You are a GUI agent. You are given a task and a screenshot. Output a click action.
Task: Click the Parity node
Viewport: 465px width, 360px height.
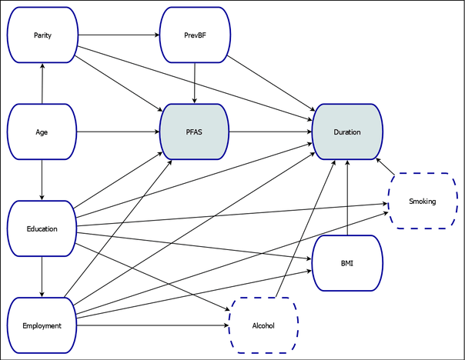(x=42, y=35)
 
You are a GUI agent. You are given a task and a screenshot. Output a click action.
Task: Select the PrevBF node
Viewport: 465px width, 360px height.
(x=194, y=35)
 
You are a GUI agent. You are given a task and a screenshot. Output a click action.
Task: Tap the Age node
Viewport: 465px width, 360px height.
(x=42, y=132)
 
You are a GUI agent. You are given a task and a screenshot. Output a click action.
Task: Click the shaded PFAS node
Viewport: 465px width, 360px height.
(x=194, y=132)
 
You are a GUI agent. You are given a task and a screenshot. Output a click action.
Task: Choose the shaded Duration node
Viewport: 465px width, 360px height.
(x=346, y=132)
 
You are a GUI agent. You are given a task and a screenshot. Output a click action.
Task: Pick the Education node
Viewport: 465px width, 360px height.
(x=42, y=228)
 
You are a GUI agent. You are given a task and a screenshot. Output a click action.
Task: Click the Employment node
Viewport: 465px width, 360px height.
(x=42, y=325)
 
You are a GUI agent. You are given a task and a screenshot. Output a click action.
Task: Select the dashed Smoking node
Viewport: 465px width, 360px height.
(x=423, y=202)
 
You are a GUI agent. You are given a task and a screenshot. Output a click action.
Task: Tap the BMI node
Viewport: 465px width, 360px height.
(x=346, y=263)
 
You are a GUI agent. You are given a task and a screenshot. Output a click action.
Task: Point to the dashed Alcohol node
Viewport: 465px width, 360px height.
(x=263, y=325)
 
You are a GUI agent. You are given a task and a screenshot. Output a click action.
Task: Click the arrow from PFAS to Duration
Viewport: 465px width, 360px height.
(x=270, y=132)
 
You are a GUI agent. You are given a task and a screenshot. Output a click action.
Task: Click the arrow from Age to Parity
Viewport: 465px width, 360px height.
(x=42, y=84)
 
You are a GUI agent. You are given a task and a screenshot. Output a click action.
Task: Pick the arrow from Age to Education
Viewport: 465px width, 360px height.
(x=42, y=181)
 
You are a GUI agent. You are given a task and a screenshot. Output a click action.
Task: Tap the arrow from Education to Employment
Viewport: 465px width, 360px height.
(x=42, y=277)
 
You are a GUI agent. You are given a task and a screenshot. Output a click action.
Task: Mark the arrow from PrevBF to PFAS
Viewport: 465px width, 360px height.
(x=194, y=84)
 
